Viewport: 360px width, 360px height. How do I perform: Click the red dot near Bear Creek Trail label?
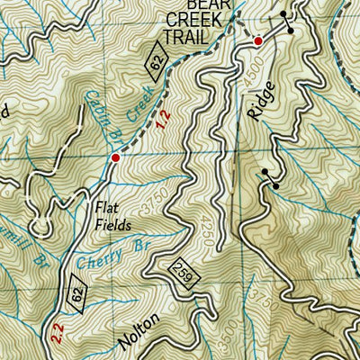(258, 41)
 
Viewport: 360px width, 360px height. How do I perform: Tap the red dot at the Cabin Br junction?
(114, 158)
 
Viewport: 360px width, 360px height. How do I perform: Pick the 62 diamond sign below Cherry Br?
(78, 293)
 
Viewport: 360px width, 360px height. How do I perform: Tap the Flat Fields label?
(112, 216)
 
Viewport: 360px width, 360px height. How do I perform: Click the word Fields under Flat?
(113, 225)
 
